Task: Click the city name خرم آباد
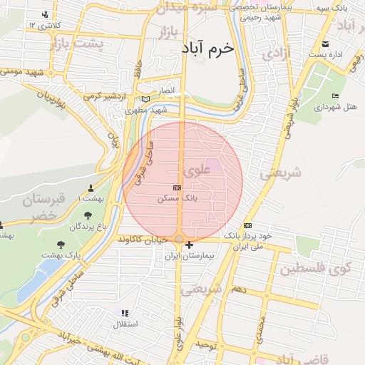208,48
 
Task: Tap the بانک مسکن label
177,199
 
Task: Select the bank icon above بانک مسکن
177,187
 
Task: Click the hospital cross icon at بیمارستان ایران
188,246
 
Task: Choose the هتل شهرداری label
336,106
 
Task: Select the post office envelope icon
327,43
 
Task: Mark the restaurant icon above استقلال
125,313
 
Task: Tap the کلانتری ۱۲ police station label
41,25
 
